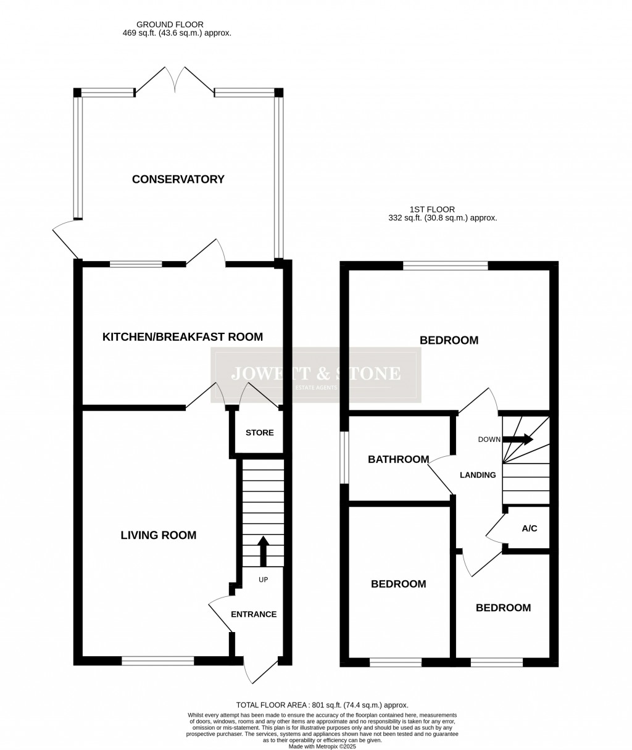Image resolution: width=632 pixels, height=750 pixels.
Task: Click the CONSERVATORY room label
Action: tap(178, 180)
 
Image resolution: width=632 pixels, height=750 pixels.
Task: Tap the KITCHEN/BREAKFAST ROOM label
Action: tap(182, 337)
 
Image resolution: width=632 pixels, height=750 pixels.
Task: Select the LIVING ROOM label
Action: tap(158, 535)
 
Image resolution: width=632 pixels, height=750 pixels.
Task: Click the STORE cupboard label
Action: tap(259, 433)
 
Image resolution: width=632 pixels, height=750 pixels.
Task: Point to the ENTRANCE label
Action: tap(254, 614)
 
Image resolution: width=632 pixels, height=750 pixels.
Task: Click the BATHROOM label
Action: tap(398, 459)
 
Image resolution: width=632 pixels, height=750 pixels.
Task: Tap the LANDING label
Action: tap(478, 475)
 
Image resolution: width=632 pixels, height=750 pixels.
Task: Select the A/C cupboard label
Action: tap(530, 528)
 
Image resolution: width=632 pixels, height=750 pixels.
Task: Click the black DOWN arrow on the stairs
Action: tap(518, 440)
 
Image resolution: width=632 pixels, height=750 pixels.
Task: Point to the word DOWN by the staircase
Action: tap(489, 440)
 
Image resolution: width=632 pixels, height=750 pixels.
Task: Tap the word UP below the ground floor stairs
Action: tap(264, 580)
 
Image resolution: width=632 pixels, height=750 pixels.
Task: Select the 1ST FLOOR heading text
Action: tap(431, 210)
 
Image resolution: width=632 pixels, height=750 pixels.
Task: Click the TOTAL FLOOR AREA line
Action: tap(322, 705)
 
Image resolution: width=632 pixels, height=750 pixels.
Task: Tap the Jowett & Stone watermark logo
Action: tap(315, 375)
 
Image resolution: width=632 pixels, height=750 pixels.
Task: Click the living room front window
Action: tap(158, 661)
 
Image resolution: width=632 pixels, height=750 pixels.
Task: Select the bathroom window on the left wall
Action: tap(345, 457)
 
